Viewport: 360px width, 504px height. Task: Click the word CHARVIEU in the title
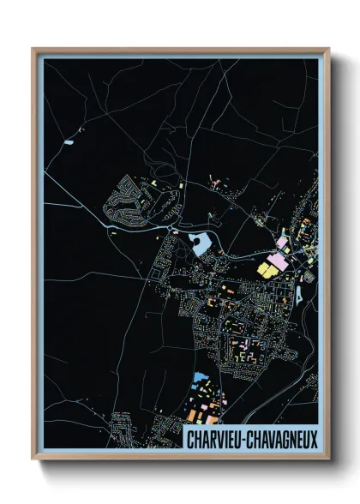tap(213, 439)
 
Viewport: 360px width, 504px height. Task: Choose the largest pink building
tap(279, 260)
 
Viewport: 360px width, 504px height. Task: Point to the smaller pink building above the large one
tap(281, 243)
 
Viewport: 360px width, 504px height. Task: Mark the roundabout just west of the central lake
tap(175, 231)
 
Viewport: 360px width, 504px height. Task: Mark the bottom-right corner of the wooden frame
tap(328, 459)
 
